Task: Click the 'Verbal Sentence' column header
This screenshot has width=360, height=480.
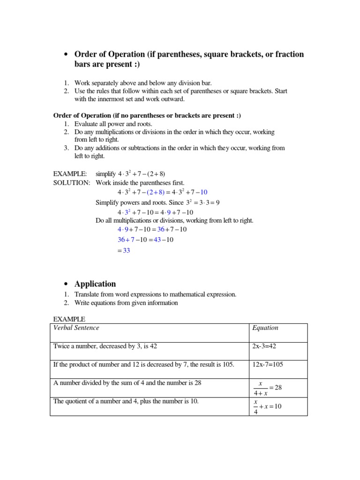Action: click(x=76, y=328)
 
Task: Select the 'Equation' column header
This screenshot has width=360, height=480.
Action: click(x=265, y=328)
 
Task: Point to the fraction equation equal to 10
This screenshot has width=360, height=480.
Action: click(x=267, y=406)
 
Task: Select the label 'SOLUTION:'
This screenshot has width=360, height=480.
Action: click(x=72, y=183)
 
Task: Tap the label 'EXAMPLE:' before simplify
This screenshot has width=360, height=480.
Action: click(x=70, y=174)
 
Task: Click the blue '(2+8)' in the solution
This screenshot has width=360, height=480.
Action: click(x=155, y=193)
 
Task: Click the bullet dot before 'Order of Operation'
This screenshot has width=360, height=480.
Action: click(x=66, y=55)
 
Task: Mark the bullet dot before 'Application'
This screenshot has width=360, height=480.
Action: click(x=66, y=284)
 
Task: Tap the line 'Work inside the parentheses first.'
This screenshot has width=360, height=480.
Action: click(x=140, y=183)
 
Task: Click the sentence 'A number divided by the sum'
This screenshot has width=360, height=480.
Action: click(x=127, y=382)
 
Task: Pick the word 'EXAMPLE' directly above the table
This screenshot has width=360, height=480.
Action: click(x=69, y=319)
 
